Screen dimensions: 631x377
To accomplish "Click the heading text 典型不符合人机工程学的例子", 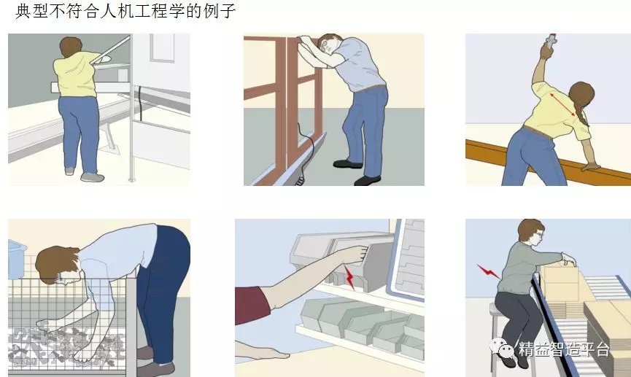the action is click(x=125, y=11).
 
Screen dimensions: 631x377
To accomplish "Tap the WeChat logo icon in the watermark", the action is click(x=502, y=348).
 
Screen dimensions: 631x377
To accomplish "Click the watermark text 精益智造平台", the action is click(x=564, y=349).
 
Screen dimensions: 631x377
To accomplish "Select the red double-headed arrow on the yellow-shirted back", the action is click(x=562, y=104).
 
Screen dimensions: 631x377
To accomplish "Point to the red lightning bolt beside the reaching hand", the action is click(x=349, y=276).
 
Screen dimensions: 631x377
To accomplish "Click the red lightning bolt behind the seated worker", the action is click(x=488, y=271).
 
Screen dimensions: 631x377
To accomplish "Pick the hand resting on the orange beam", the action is click(x=591, y=166).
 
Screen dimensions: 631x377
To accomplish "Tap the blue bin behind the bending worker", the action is click(x=17, y=260).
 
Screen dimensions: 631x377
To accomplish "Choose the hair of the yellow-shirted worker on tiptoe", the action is click(x=71, y=46).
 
